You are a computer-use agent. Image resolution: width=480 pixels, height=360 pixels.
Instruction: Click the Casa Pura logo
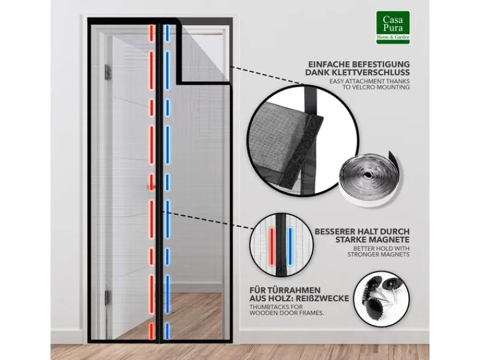(x=393, y=28)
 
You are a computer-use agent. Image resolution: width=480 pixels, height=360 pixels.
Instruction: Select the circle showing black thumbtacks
(x=382, y=298)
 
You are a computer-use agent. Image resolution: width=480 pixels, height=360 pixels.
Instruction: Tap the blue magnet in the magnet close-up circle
(x=290, y=246)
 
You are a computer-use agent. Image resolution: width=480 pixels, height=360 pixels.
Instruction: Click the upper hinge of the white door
(x=108, y=72)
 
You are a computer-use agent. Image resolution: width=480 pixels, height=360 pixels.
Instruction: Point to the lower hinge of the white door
(x=107, y=298)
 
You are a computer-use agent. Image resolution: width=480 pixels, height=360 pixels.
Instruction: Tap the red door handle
(x=150, y=187)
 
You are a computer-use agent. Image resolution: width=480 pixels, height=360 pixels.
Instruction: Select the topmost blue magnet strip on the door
(x=167, y=33)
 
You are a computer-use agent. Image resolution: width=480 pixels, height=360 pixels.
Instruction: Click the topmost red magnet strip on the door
(x=151, y=33)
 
